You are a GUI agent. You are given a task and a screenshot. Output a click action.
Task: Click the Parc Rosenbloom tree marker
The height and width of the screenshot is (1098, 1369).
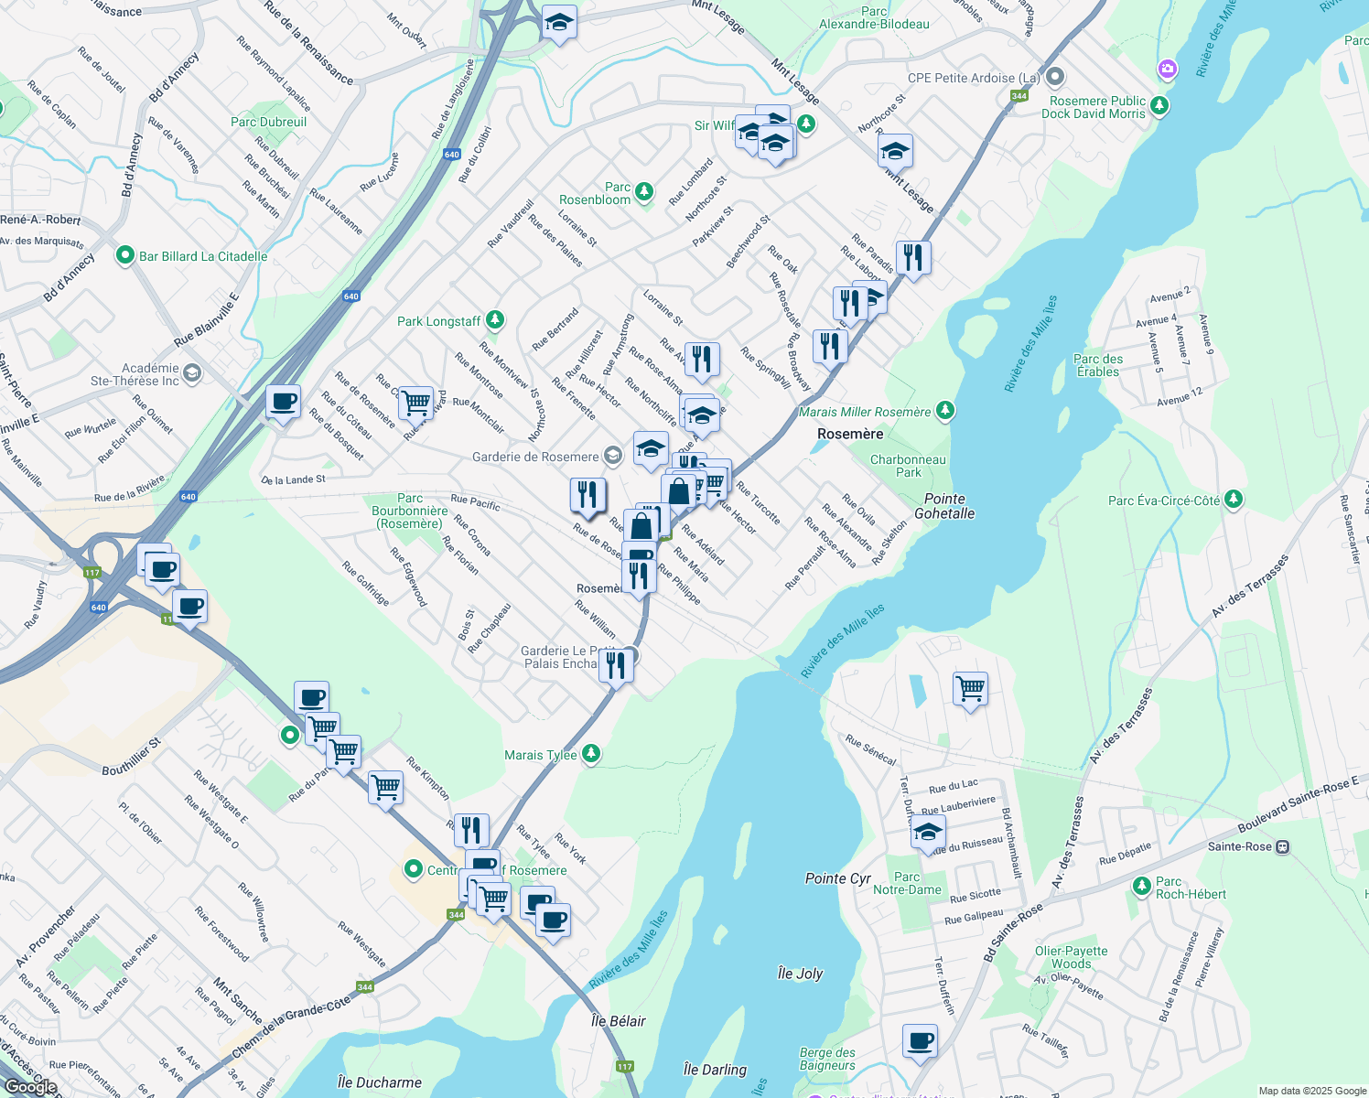(645, 191)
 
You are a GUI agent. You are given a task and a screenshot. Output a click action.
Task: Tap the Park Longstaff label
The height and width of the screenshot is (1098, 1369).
(438, 321)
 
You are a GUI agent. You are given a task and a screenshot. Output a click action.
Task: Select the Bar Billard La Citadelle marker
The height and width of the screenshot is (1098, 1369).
(125, 256)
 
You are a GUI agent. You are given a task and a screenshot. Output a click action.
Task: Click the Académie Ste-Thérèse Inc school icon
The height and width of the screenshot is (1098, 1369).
(191, 372)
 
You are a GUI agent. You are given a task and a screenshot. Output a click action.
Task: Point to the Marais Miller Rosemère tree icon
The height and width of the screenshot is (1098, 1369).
(944, 411)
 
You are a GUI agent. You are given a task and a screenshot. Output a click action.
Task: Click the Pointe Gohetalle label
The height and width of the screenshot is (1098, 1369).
(944, 506)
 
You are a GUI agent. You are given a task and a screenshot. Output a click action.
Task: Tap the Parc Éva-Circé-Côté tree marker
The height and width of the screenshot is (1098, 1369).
(1234, 499)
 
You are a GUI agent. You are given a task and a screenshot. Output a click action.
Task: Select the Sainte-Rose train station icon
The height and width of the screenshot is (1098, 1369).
(1283, 846)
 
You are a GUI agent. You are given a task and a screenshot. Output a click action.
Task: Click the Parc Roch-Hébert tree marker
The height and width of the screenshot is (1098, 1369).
(1141, 885)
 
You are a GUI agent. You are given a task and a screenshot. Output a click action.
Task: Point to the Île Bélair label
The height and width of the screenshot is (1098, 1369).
(619, 1021)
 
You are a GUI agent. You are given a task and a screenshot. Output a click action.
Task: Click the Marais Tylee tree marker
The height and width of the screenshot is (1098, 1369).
(591, 753)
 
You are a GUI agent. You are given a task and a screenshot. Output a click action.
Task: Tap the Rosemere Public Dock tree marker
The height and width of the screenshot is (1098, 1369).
(1159, 105)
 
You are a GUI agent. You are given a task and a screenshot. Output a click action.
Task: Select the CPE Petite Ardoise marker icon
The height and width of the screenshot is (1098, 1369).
(1055, 77)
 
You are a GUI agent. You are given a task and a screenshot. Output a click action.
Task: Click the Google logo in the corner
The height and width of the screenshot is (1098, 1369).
(30, 1086)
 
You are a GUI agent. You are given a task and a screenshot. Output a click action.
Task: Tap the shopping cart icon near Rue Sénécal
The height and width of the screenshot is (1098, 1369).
(970, 688)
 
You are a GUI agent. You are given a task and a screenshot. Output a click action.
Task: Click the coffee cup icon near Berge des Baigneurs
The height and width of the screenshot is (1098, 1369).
(920, 1041)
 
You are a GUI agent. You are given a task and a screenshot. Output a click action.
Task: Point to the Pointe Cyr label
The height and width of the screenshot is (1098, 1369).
(837, 878)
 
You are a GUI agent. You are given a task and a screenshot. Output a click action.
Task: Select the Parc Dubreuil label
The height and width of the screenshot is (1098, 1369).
(268, 122)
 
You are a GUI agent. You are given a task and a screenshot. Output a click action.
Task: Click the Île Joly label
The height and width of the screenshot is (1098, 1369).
(800, 974)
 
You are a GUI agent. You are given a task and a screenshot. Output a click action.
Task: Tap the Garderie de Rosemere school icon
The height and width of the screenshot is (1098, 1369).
(612, 456)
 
